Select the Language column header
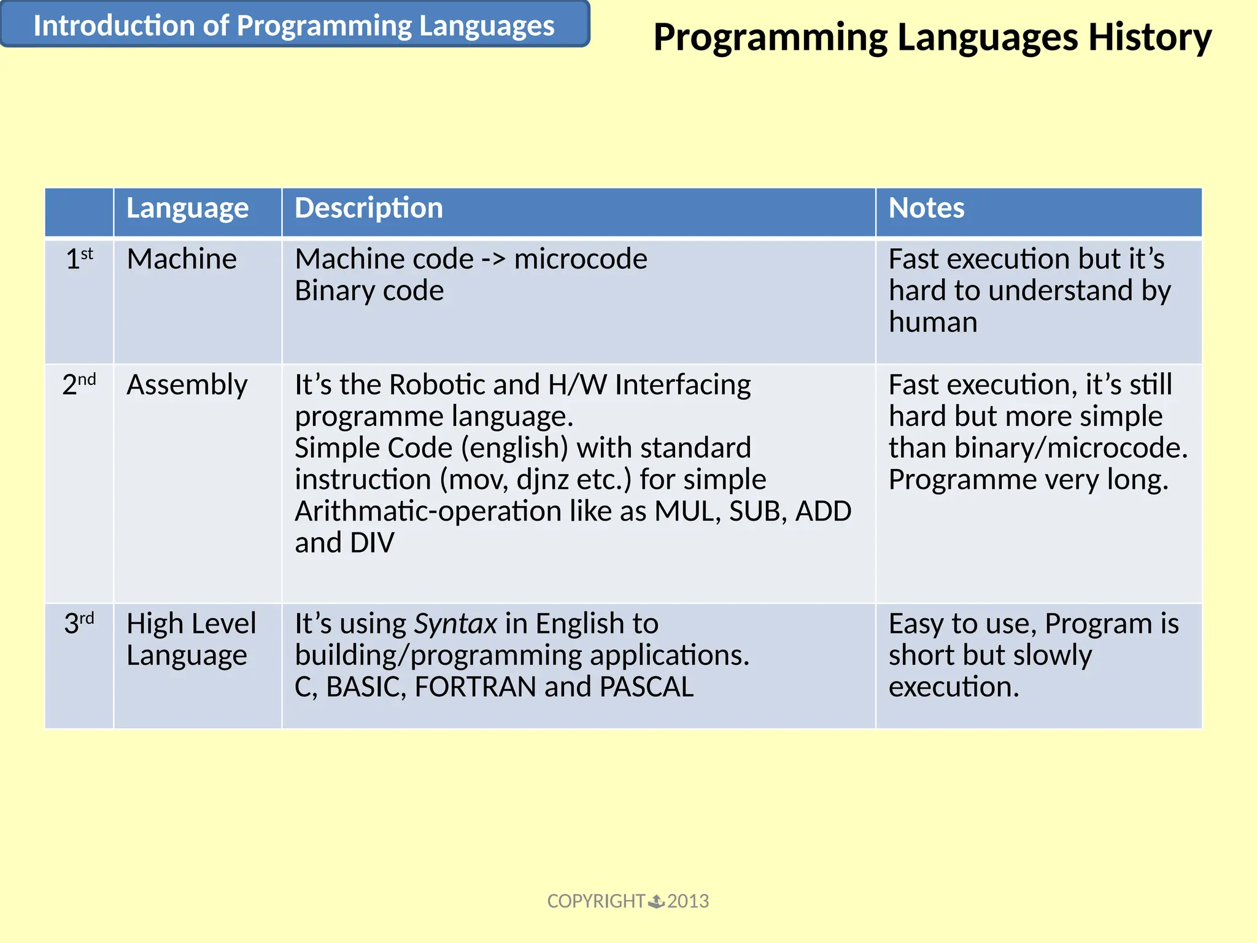click(x=187, y=208)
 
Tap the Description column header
click(x=368, y=208)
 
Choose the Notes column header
click(x=926, y=208)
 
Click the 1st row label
click(x=79, y=258)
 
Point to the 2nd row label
click(x=79, y=384)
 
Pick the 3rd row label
click(x=79, y=623)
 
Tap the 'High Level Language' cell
click(x=191, y=639)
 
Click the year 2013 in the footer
click(x=688, y=901)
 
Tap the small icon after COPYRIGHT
click(x=656, y=901)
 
